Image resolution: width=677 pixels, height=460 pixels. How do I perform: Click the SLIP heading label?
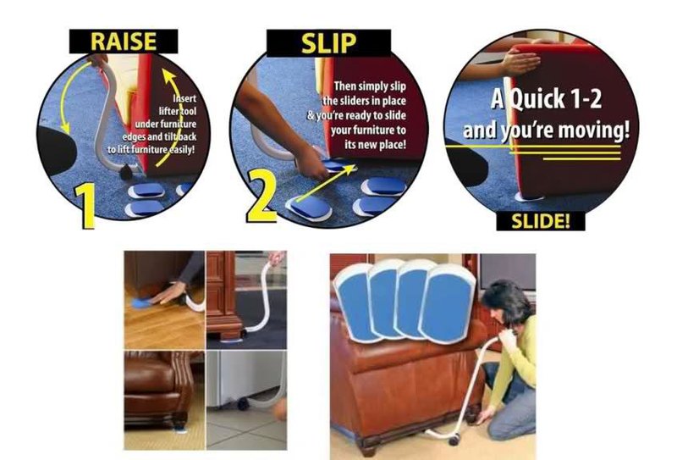(x=328, y=42)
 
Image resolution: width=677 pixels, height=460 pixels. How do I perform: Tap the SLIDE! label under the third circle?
(x=539, y=221)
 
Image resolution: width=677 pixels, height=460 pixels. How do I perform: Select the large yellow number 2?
(x=262, y=199)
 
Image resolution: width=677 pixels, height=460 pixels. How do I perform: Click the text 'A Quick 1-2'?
(x=546, y=98)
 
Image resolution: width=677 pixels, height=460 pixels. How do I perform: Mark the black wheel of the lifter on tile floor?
(x=244, y=404)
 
